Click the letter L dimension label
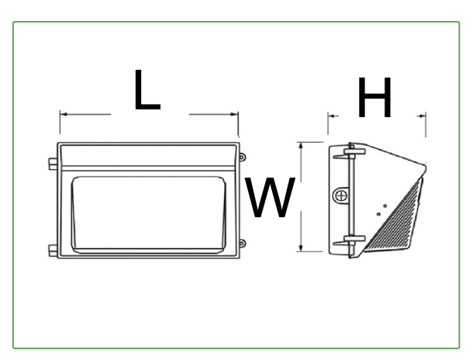(x=147, y=90)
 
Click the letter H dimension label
(x=375, y=97)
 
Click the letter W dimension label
(x=271, y=198)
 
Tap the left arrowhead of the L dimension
(x=64, y=115)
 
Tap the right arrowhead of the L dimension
(x=234, y=115)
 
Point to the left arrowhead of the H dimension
(x=332, y=116)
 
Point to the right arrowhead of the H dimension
(x=422, y=116)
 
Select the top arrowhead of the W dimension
(x=301, y=146)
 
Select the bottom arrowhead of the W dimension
(x=301, y=247)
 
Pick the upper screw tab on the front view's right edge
(x=242, y=157)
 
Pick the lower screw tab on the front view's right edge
(x=242, y=244)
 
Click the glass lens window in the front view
(x=149, y=215)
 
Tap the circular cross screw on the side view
(x=341, y=196)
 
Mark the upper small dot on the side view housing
(x=385, y=206)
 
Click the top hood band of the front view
(x=148, y=155)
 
